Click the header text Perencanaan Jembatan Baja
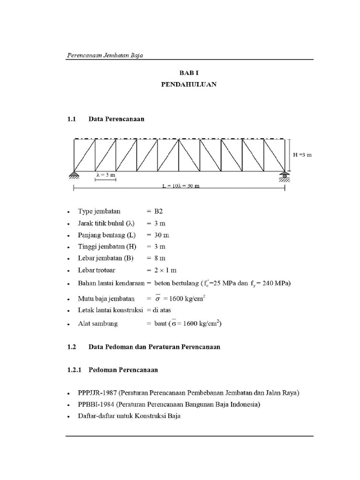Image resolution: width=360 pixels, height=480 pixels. [x=105, y=55]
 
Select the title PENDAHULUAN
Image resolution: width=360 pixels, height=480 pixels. [x=189, y=85]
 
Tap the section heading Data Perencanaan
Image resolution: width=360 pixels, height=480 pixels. [x=116, y=119]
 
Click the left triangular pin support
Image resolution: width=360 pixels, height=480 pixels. [x=74, y=175]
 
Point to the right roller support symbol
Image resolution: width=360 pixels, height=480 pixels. [x=285, y=176]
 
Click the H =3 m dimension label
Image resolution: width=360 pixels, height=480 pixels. [x=302, y=154]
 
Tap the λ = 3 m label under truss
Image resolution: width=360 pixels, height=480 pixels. [x=105, y=174]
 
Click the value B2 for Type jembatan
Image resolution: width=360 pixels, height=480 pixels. [x=158, y=211]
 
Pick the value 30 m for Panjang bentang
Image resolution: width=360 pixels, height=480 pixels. [x=159, y=235]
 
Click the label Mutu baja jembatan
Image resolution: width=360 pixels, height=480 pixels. [x=106, y=298]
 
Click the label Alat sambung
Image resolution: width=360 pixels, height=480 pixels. [x=98, y=323]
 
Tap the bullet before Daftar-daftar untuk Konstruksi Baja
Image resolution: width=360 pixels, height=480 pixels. [x=69, y=416]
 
